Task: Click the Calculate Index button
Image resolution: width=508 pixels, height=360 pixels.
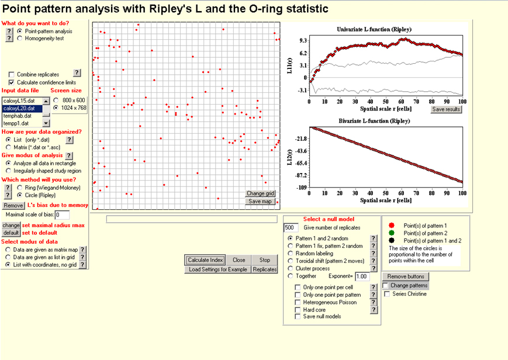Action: click(x=205, y=260)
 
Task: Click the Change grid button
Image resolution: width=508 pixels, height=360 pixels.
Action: click(x=260, y=193)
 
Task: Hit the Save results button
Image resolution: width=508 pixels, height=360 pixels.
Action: click(x=446, y=109)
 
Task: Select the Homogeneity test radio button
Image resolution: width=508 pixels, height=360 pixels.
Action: click(x=20, y=39)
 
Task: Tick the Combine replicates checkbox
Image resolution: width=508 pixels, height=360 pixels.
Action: click(x=12, y=74)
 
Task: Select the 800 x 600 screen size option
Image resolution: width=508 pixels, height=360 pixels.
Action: click(x=56, y=100)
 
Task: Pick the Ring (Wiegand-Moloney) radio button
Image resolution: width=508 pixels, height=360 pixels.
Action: click(x=20, y=188)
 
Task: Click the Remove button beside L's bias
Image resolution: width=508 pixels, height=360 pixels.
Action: click(x=12, y=206)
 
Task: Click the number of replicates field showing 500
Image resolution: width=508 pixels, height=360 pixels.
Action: click(x=291, y=228)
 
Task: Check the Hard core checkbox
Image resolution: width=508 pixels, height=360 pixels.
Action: click(x=298, y=310)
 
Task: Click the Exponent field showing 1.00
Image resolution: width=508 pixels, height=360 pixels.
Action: click(x=362, y=276)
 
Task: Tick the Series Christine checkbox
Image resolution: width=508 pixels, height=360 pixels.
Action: click(x=386, y=294)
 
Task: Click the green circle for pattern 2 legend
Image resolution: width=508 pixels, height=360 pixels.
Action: click(x=392, y=233)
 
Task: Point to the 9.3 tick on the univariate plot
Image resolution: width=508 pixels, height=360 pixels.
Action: click(x=303, y=41)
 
